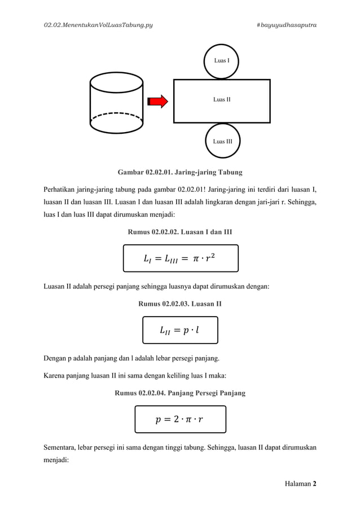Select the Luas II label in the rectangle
221,100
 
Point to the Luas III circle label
221,141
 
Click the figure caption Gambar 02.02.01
180,171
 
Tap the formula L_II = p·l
179,330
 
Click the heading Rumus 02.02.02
180,231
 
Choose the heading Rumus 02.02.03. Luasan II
180,304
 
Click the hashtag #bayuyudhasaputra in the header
286,25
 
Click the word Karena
56,374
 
